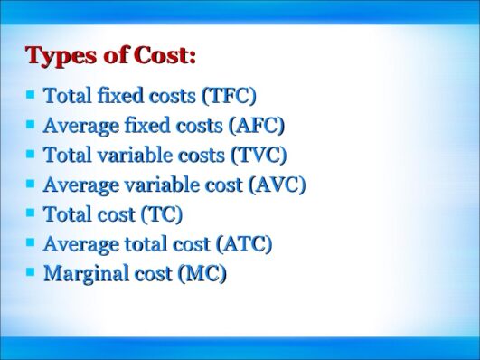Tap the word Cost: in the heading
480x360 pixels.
[165, 55]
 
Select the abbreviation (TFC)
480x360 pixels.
[229, 95]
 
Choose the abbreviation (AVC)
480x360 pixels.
[277, 185]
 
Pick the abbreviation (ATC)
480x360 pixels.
[244, 243]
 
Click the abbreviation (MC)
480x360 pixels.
[202, 273]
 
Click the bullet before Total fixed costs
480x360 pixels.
[32, 93]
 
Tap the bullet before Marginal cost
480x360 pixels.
[32, 271]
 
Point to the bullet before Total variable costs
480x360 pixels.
[32, 153]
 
